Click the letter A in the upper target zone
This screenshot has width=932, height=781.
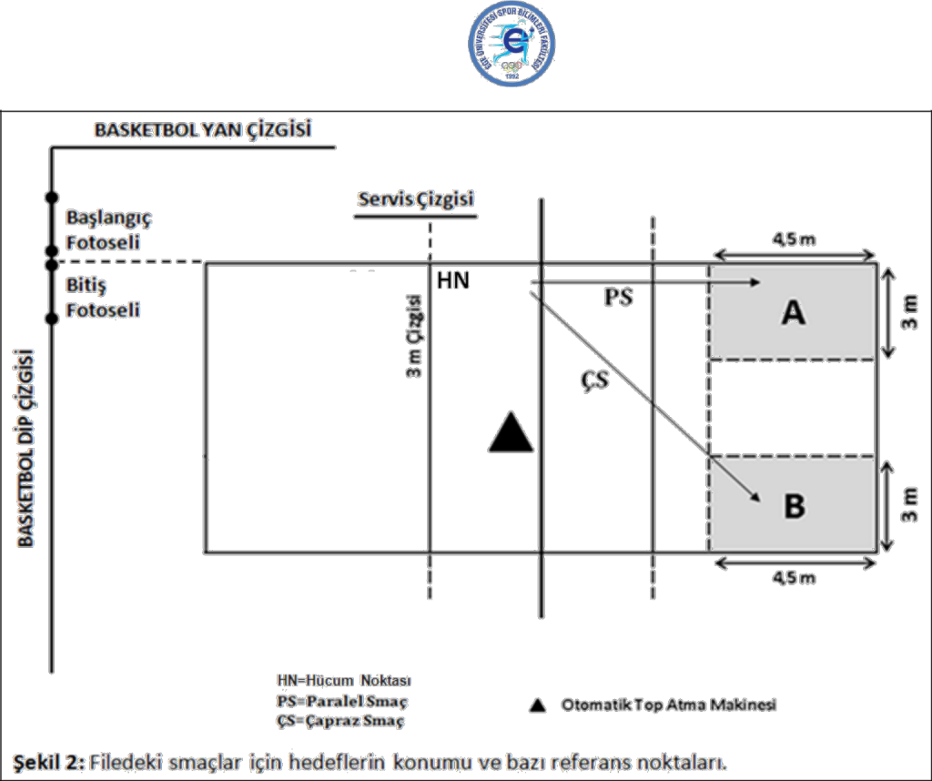pos(794,312)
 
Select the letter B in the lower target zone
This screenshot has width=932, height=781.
pos(794,505)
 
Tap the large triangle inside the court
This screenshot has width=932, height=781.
pos(510,431)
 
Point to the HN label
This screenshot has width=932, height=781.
pos(453,281)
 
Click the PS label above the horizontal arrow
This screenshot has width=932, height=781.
pos(618,299)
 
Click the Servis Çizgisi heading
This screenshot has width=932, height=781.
pos(416,199)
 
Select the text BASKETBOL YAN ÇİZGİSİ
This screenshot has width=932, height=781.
pos(203,130)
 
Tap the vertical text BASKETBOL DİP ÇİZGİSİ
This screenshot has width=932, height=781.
pos(26,446)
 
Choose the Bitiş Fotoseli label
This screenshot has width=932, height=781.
pos(102,299)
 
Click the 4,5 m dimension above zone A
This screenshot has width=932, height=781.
pos(794,239)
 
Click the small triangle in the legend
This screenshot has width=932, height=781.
pos(539,705)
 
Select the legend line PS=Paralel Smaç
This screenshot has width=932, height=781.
pos(341,701)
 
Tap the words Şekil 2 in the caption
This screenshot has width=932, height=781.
pos(48,760)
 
